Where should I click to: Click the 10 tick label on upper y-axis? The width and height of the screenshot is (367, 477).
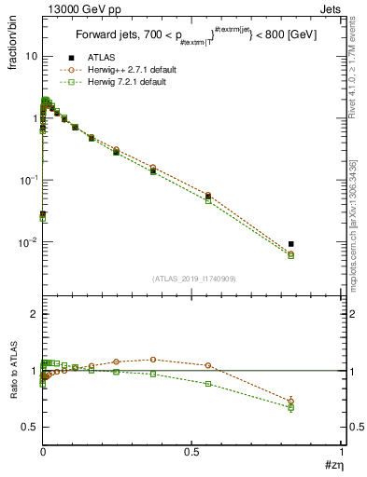point(31,56)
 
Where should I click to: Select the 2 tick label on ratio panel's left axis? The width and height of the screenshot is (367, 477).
point(34,315)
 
